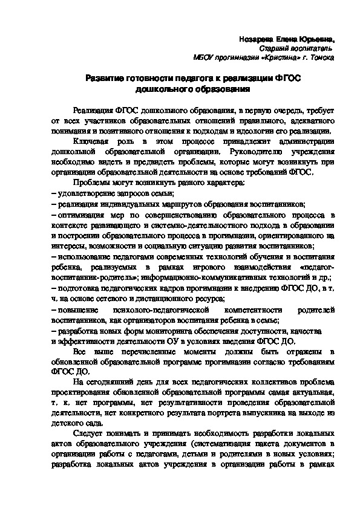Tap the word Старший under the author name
(x=272, y=48)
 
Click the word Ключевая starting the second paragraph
(x=89, y=141)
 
